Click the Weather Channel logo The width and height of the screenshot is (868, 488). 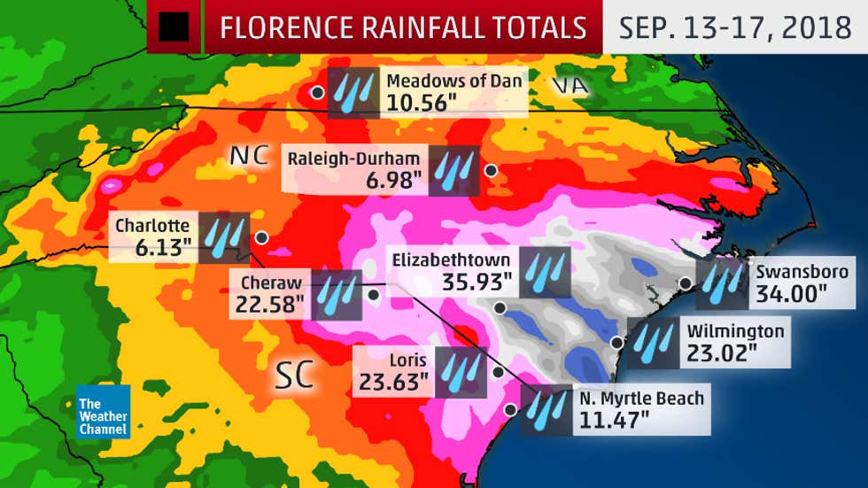[103, 411]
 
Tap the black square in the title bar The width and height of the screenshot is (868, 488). [174, 27]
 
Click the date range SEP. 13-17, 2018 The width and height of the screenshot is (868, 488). [734, 27]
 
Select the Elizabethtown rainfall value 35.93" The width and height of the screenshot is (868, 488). [477, 283]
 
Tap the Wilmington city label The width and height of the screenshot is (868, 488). [735, 331]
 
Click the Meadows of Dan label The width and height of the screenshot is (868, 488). [453, 81]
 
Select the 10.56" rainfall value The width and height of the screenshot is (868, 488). [421, 102]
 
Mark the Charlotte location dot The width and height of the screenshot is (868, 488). [261, 237]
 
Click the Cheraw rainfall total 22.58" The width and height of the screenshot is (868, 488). [270, 305]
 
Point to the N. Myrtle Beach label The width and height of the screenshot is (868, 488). [641, 398]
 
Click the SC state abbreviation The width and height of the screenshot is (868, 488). [293, 376]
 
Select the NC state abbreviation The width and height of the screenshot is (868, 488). [248, 156]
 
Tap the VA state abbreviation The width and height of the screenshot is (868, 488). [570, 85]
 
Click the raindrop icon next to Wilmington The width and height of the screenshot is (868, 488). [655, 337]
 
